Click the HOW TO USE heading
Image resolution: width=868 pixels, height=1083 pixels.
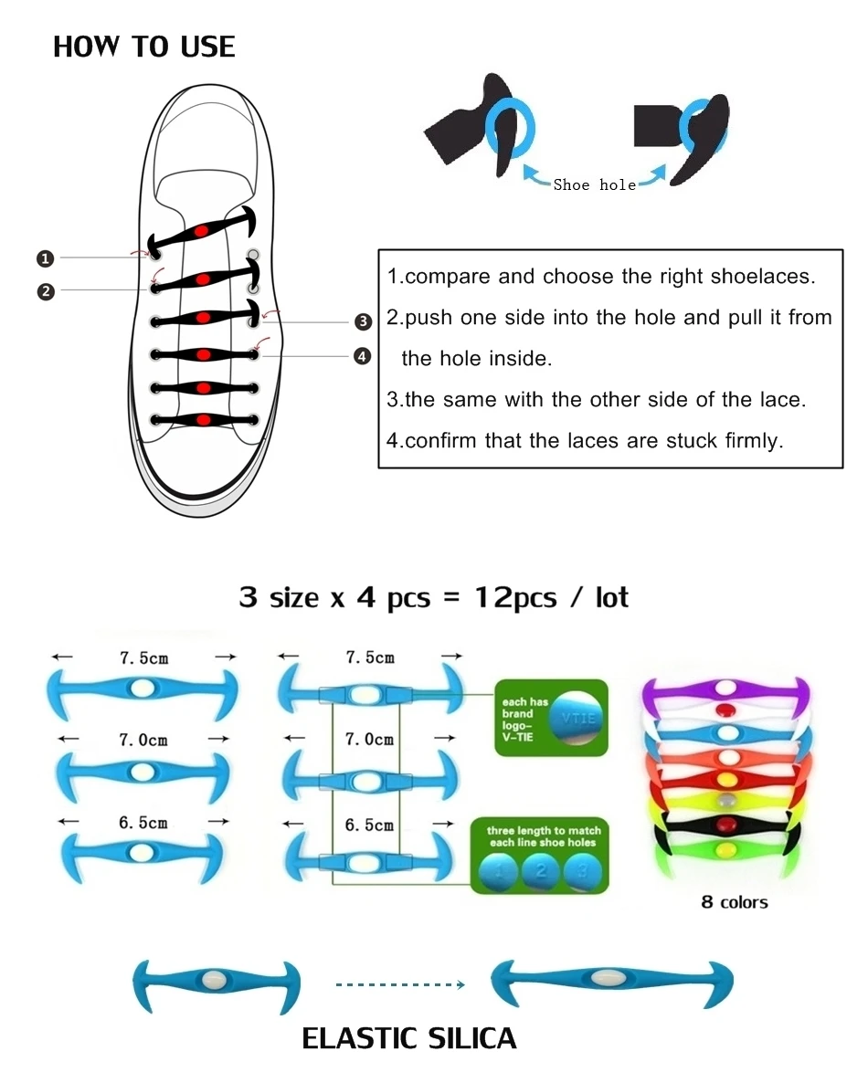coord(143,47)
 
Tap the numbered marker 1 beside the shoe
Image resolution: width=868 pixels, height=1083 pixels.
coord(45,258)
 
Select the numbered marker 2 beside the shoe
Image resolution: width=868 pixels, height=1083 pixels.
coord(45,291)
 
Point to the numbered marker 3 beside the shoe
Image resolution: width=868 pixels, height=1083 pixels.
coord(363,321)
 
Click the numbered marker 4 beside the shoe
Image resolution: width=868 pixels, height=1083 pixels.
coord(363,356)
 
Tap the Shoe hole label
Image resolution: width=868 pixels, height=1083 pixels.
coord(594,184)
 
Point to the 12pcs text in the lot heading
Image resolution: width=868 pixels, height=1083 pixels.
coord(515,597)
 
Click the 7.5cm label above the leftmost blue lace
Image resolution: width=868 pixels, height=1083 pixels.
coord(143,657)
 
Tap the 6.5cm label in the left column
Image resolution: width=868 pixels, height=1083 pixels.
coord(143,822)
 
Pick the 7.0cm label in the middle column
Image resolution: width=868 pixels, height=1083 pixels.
coord(369,740)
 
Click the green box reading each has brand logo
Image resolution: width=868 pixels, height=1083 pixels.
coord(550,717)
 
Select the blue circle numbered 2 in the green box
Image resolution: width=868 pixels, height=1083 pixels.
coord(541,871)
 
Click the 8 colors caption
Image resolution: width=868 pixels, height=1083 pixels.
coord(734,902)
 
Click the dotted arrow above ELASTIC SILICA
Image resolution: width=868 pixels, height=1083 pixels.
coord(400,984)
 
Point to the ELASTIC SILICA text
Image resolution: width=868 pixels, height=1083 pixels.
coord(408,1038)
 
